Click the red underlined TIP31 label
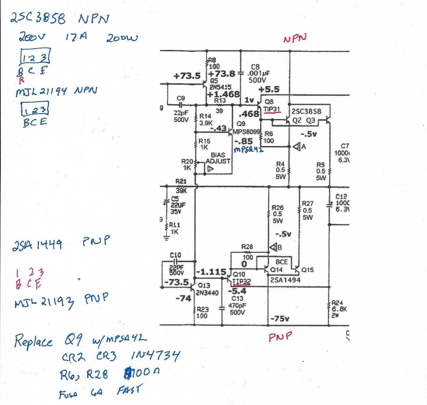[272, 109]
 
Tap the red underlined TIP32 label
[241, 281]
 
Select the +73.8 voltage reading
[222, 74]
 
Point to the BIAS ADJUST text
[218, 158]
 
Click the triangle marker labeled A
[297, 147]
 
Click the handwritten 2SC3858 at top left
[38, 18]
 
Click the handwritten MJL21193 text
[44, 303]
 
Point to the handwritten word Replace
[33, 341]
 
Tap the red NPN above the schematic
[295, 39]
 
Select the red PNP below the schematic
[280, 337]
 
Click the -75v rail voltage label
[280, 319]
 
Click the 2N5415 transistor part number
[220, 87]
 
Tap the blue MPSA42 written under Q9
[248, 150]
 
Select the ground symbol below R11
[166, 238]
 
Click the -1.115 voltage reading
[211, 272]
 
